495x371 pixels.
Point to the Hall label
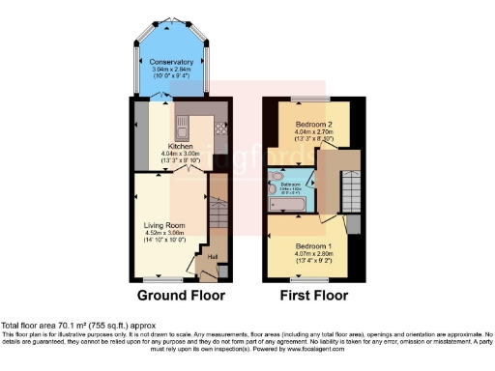coord(211,256)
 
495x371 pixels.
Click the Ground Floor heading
coord(181,296)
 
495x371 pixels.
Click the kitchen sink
coord(181,127)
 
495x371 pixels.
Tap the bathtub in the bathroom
coord(289,204)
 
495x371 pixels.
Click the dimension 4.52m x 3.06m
coord(161,233)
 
